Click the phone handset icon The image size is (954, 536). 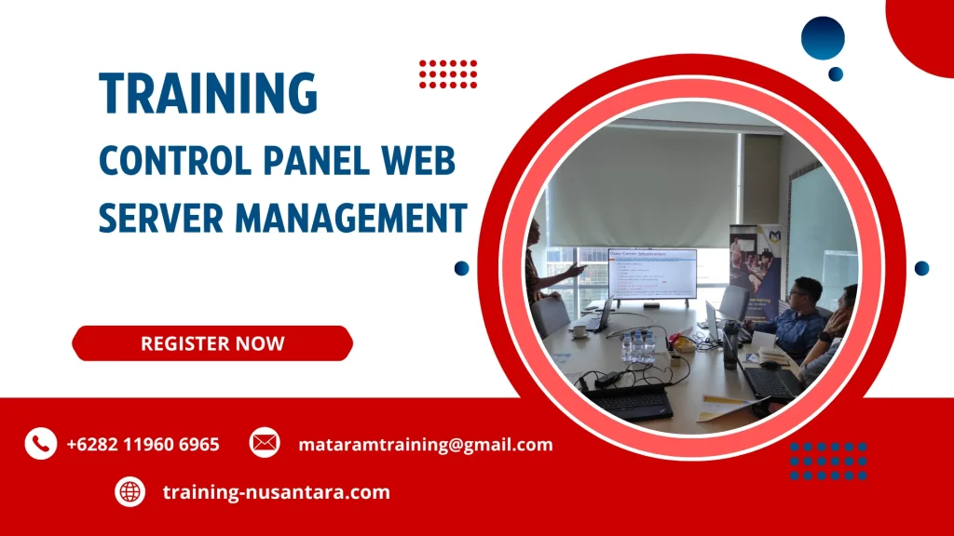point(40,444)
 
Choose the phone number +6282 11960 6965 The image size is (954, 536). point(143,444)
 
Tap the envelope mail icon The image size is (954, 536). point(265,443)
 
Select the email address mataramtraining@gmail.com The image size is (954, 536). point(425,444)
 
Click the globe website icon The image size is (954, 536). point(129,491)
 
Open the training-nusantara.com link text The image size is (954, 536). point(276,491)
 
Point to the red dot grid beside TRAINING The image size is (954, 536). point(448,74)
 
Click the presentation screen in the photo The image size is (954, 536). point(651,274)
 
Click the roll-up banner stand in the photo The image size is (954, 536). point(755,265)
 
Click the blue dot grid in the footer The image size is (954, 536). point(828,460)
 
